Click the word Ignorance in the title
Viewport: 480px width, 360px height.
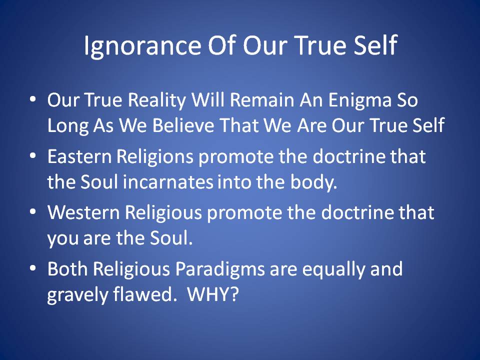(142, 46)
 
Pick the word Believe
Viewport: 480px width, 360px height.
(183, 125)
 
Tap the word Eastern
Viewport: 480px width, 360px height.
(79, 156)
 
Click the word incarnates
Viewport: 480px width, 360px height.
(168, 182)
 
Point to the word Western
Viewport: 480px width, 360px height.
(83, 213)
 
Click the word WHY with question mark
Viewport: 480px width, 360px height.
(213, 294)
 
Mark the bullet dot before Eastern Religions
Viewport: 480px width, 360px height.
(33, 156)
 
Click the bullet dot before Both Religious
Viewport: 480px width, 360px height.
(33, 268)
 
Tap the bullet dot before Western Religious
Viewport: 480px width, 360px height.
(33, 212)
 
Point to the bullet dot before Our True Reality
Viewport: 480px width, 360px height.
(33, 99)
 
